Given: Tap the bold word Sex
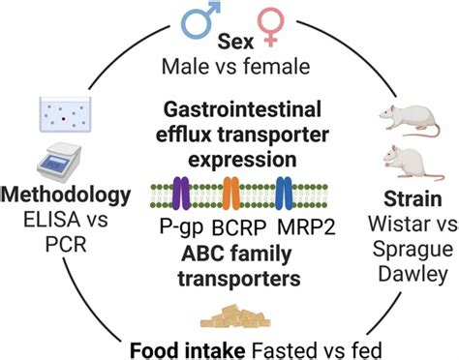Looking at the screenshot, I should (x=229, y=44).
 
